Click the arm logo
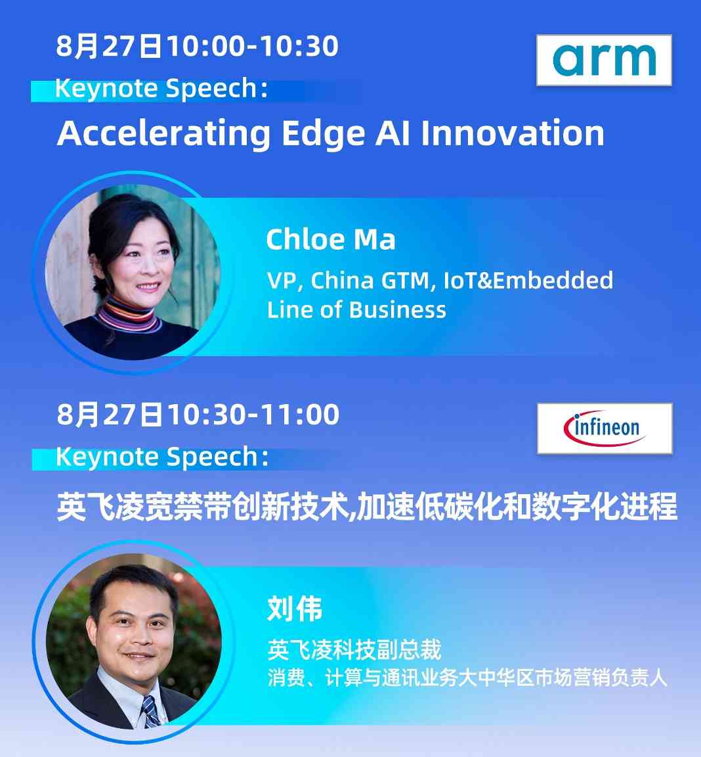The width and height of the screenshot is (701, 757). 604,60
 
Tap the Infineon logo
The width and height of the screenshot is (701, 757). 605,428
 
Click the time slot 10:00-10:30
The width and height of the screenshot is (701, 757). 253,47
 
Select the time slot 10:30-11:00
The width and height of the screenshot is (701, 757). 253,415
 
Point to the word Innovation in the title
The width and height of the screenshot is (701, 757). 513,133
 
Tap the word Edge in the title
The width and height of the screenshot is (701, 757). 324,134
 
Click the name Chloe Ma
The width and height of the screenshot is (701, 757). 331,239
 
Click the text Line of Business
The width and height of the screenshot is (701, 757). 356,310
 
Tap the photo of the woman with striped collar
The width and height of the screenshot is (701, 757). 133,272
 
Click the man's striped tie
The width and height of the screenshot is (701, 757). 151,712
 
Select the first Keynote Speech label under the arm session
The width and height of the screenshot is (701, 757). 161,88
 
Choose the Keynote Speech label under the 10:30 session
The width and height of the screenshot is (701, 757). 161,457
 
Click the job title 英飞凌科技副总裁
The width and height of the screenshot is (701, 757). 354,650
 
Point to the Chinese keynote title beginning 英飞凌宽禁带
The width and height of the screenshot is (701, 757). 367,507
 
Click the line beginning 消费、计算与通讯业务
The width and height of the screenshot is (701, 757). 467,678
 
